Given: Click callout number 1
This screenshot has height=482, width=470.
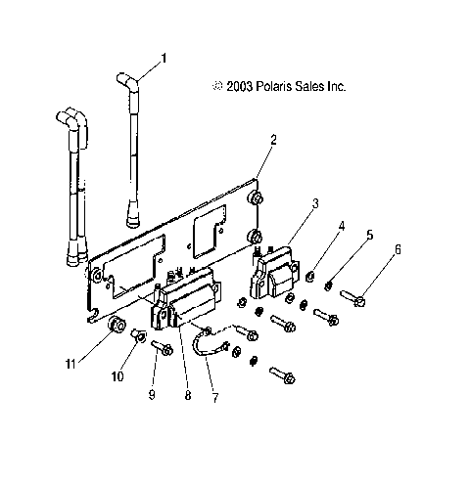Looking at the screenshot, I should coord(163,58).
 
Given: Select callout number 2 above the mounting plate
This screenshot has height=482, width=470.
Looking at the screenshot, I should coord(273,140).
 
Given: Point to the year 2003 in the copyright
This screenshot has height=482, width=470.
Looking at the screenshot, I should coord(238,86).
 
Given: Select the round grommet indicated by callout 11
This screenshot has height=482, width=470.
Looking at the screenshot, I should coord(117,324).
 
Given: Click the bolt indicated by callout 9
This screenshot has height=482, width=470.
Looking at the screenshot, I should coord(162,348).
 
